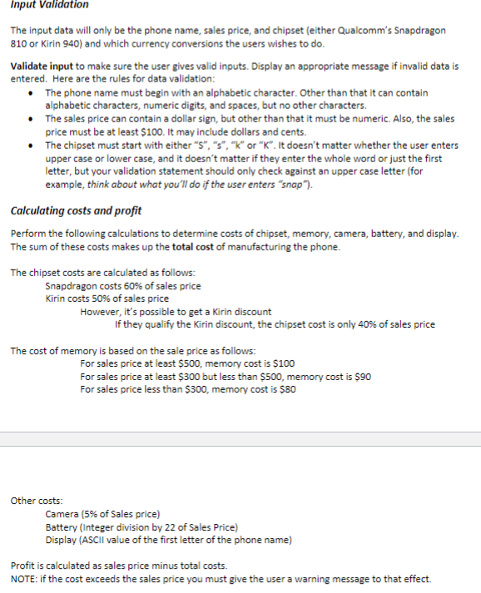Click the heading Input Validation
[49, 5]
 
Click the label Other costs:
[36, 501]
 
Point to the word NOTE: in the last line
[24, 579]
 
